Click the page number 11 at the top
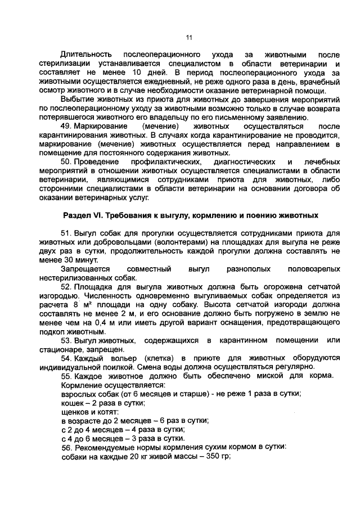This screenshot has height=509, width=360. (189, 38)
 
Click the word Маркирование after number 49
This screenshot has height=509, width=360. (100, 128)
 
